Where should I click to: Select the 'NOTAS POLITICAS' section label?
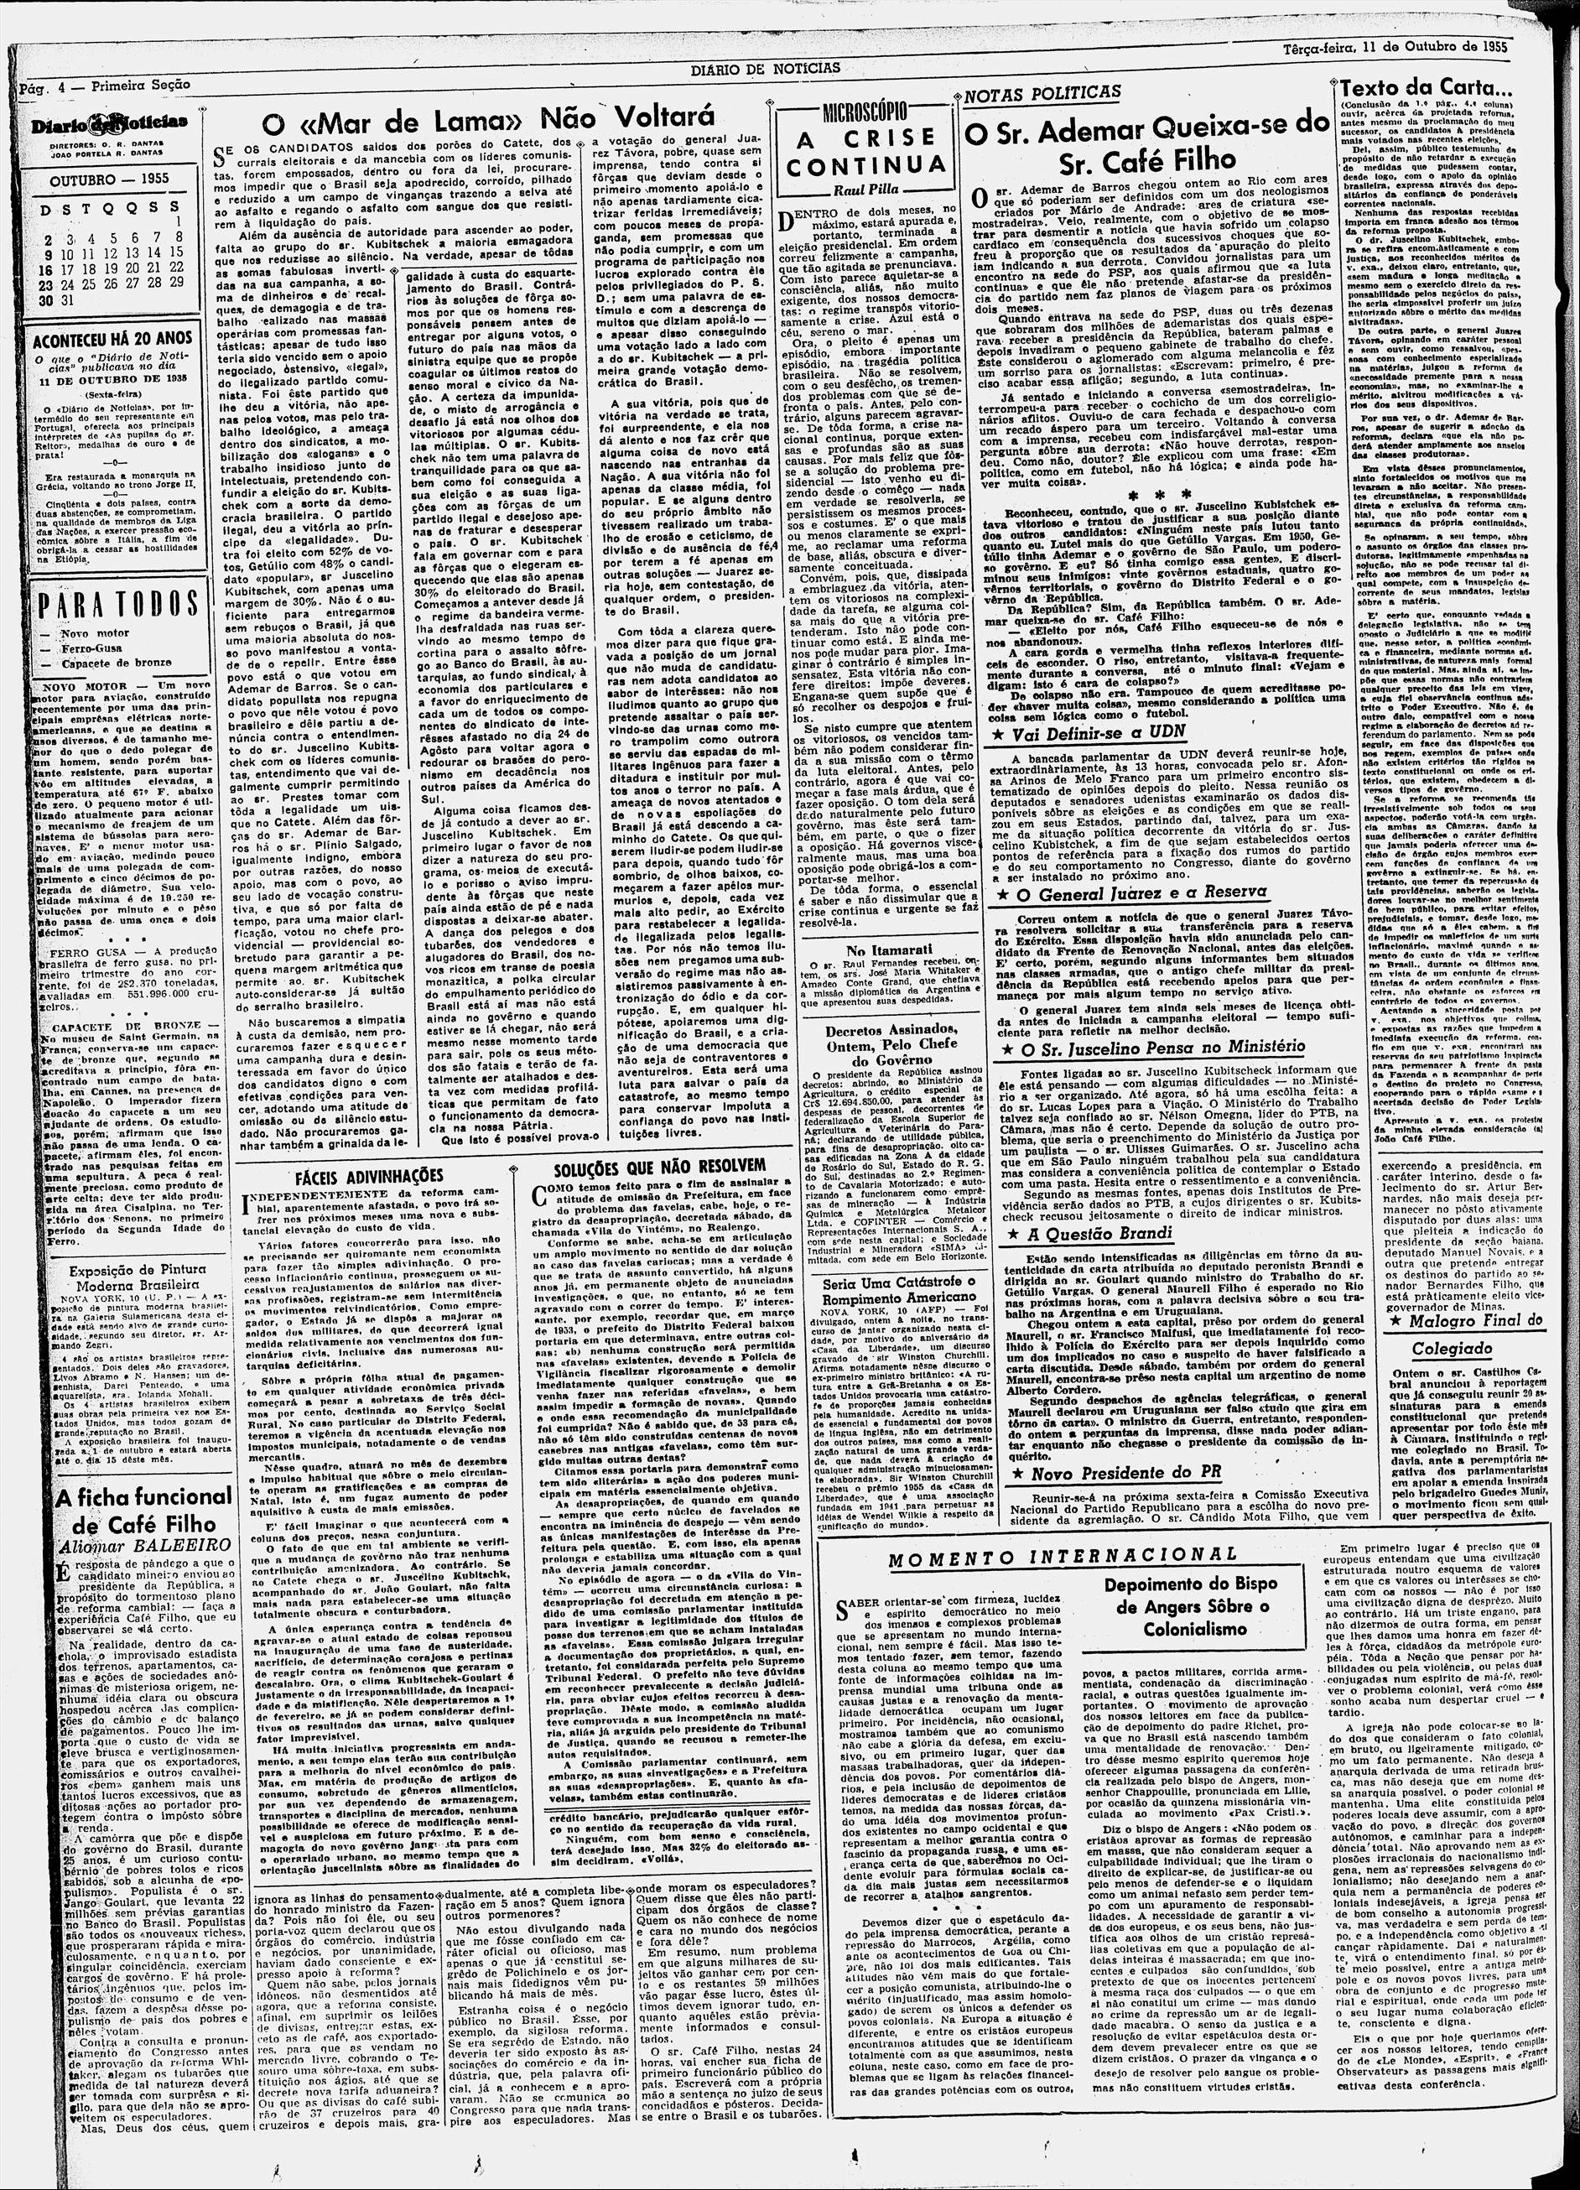[x=1042, y=93]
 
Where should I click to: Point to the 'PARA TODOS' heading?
[x=117, y=605]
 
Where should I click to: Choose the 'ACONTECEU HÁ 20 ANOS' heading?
[x=112, y=340]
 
